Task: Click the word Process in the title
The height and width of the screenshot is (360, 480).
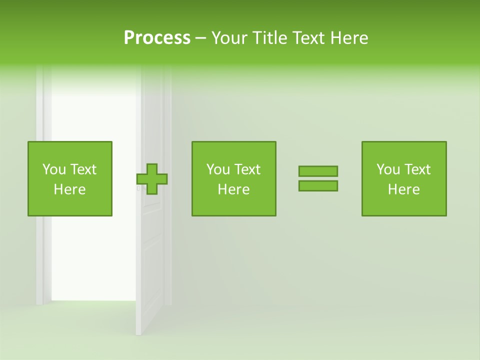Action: click(157, 38)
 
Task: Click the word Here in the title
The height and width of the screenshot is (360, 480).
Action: click(349, 38)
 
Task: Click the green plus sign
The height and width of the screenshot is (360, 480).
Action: click(152, 179)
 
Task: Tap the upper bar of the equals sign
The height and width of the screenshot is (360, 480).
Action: click(318, 171)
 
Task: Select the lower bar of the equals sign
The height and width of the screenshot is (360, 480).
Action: click(318, 186)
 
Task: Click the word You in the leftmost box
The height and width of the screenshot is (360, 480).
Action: click(53, 169)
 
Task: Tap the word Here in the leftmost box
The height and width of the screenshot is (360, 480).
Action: click(69, 189)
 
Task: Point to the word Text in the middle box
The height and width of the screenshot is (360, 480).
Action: click(247, 169)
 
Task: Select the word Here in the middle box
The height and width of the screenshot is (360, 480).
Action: click(233, 189)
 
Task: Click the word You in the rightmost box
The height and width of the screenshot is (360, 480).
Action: click(387, 169)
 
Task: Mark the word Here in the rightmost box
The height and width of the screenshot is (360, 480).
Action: click(403, 189)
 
